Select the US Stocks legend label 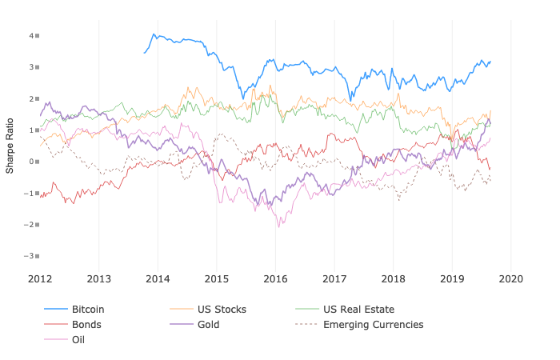click(x=220, y=310)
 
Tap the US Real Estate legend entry click(x=358, y=310)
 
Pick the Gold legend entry click(x=208, y=325)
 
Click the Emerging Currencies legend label click(x=373, y=325)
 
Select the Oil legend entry click(x=78, y=340)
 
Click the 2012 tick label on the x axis click(x=40, y=279)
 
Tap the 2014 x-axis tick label click(x=158, y=279)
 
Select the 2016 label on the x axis click(x=275, y=279)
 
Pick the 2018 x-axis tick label click(x=393, y=279)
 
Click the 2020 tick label click(x=510, y=279)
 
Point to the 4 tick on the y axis click(x=32, y=36)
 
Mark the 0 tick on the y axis click(x=32, y=162)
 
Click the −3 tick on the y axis click(x=30, y=256)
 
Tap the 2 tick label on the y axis click(x=32, y=99)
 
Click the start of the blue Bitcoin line click(x=144, y=53)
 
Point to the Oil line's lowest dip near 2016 click(x=279, y=226)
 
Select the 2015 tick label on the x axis click(x=217, y=279)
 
